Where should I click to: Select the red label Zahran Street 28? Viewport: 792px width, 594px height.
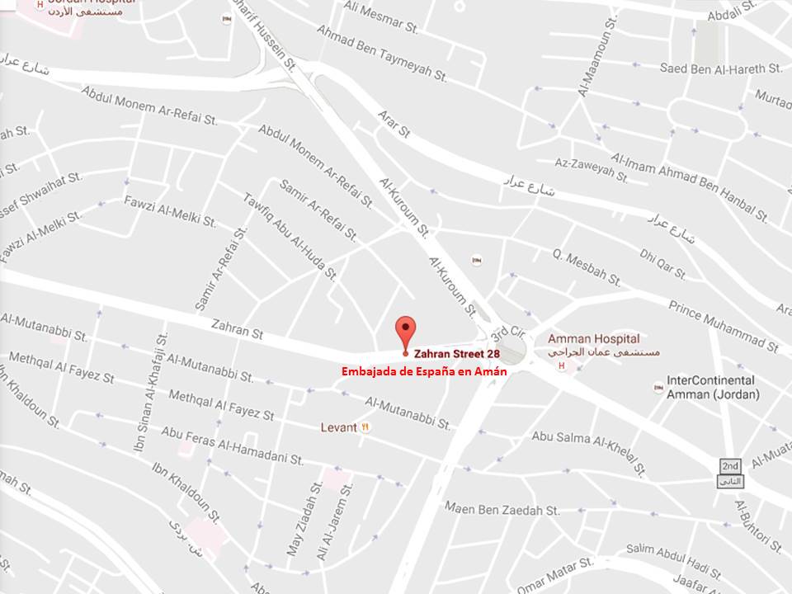(456, 353)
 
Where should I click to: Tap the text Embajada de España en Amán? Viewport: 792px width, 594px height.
(424, 372)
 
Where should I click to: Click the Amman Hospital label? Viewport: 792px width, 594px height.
(593, 339)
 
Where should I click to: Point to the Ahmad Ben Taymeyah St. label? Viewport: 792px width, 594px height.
(381, 52)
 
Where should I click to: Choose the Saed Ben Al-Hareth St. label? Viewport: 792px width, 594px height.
(720, 68)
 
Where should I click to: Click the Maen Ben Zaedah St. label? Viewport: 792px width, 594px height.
(502, 510)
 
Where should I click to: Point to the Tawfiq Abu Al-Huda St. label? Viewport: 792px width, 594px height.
(290, 236)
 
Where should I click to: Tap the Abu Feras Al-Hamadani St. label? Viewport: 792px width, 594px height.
(233, 445)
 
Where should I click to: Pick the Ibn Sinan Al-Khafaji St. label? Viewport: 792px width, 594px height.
(150, 392)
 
